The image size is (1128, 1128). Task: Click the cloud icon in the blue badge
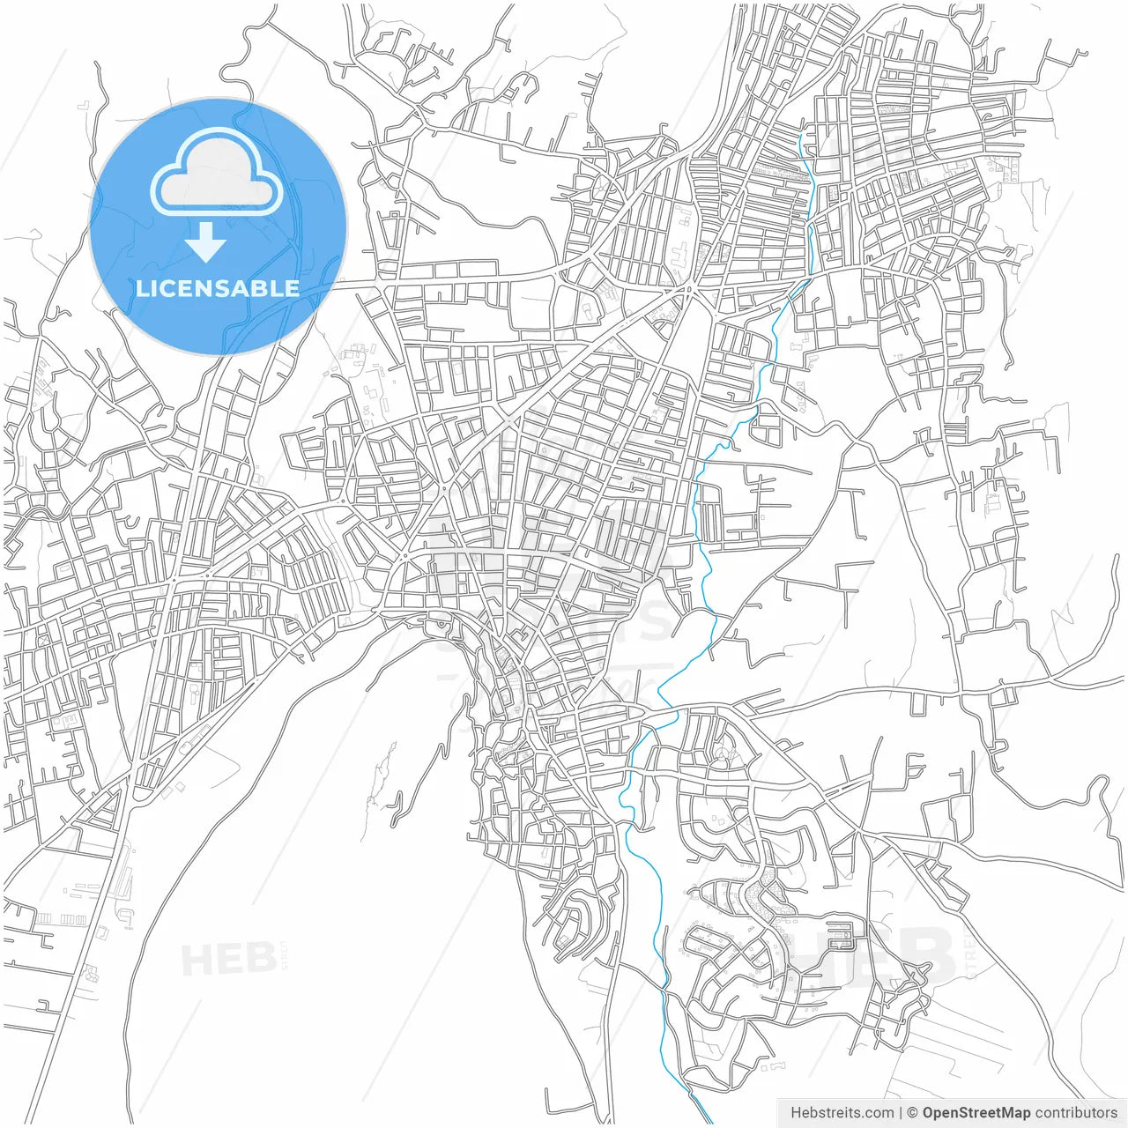pyautogui.click(x=217, y=173)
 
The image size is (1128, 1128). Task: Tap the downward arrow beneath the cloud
pyautogui.click(x=206, y=242)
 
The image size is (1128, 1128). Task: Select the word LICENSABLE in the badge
pyautogui.click(x=217, y=288)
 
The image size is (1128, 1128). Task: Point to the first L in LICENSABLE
pyautogui.click(x=141, y=288)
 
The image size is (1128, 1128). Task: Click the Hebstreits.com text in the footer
pyautogui.click(x=842, y=1113)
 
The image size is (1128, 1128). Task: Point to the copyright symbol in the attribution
pyautogui.click(x=913, y=1113)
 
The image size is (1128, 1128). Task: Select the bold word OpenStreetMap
pyautogui.click(x=976, y=1113)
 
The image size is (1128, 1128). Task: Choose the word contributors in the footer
pyautogui.click(x=1076, y=1113)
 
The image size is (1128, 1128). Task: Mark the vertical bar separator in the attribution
pyautogui.click(x=900, y=1113)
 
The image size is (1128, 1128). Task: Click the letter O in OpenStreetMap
pyautogui.click(x=929, y=1113)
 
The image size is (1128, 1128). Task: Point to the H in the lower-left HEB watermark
pyautogui.click(x=196, y=959)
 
